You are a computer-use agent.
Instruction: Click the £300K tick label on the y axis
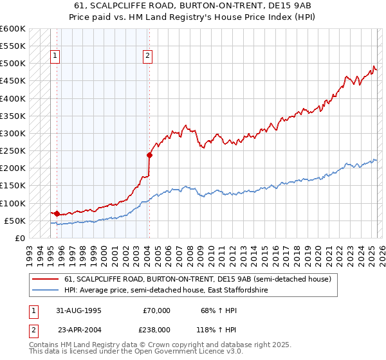tap(13, 134)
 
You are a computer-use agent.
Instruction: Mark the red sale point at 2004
tap(149, 155)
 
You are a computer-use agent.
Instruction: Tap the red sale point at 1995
tap(57, 213)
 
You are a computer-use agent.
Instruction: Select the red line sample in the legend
tap(46, 279)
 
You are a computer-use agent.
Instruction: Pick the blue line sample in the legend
tap(46, 290)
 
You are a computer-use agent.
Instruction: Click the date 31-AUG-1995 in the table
tap(78, 310)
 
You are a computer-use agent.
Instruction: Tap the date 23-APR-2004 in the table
tap(78, 329)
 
